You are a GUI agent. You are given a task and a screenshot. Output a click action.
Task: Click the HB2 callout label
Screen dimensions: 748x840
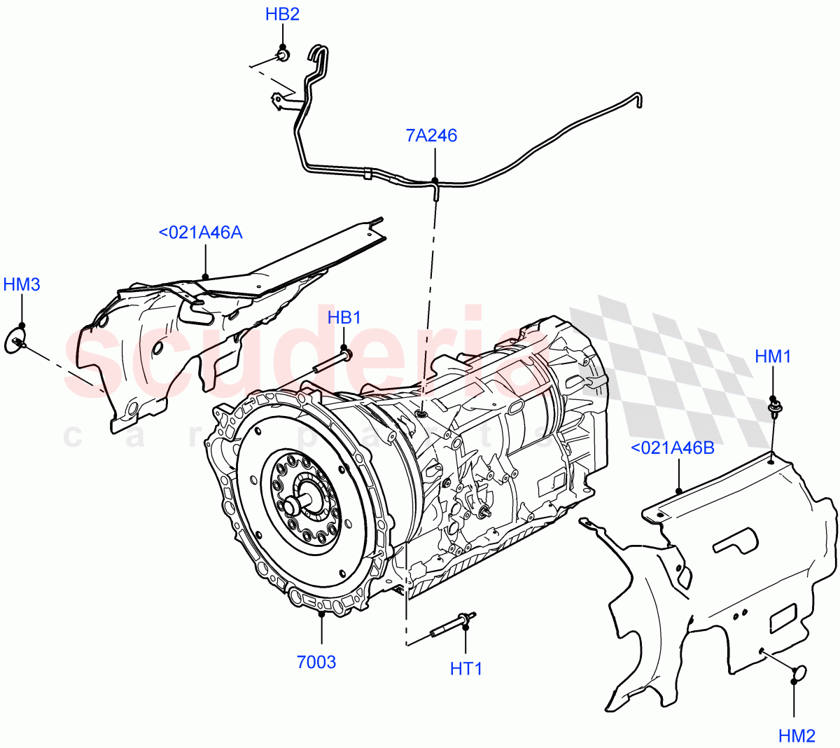pyautogui.click(x=282, y=14)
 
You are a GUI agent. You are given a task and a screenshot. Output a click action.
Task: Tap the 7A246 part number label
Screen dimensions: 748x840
pyautogui.click(x=431, y=135)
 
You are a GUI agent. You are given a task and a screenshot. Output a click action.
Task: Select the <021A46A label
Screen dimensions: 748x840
pyautogui.click(x=200, y=233)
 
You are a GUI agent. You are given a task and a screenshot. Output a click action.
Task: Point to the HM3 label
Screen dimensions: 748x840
pyautogui.click(x=22, y=284)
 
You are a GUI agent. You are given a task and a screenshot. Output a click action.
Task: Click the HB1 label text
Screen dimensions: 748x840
pyautogui.click(x=344, y=317)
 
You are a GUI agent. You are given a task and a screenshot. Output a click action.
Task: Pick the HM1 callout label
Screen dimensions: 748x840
pyautogui.click(x=773, y=356)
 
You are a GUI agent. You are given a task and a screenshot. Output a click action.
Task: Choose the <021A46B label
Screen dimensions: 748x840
pyautogui.click(x=673, y=448)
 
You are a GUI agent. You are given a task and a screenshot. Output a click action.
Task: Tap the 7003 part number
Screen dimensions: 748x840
pyautogui.click(x=316, y=662)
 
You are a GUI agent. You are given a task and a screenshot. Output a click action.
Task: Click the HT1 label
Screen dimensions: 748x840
pyautogui.click(x=466, y=669)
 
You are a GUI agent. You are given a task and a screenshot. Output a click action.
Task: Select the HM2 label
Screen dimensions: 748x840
pyautogui.click(x=797, y=735)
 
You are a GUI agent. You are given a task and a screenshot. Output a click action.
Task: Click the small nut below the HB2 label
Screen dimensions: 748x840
pyautogui.click(x=283, y=55)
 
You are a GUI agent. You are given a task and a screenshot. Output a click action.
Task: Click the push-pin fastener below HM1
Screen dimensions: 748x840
pyautogui.click(x=774, y=408)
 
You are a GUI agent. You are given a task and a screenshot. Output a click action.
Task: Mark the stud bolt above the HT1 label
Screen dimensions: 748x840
pyautogui.click(x=453, y=624)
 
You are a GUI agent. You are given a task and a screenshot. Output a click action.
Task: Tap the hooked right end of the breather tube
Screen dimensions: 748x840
pyautogui.click(x=636, y=100)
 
